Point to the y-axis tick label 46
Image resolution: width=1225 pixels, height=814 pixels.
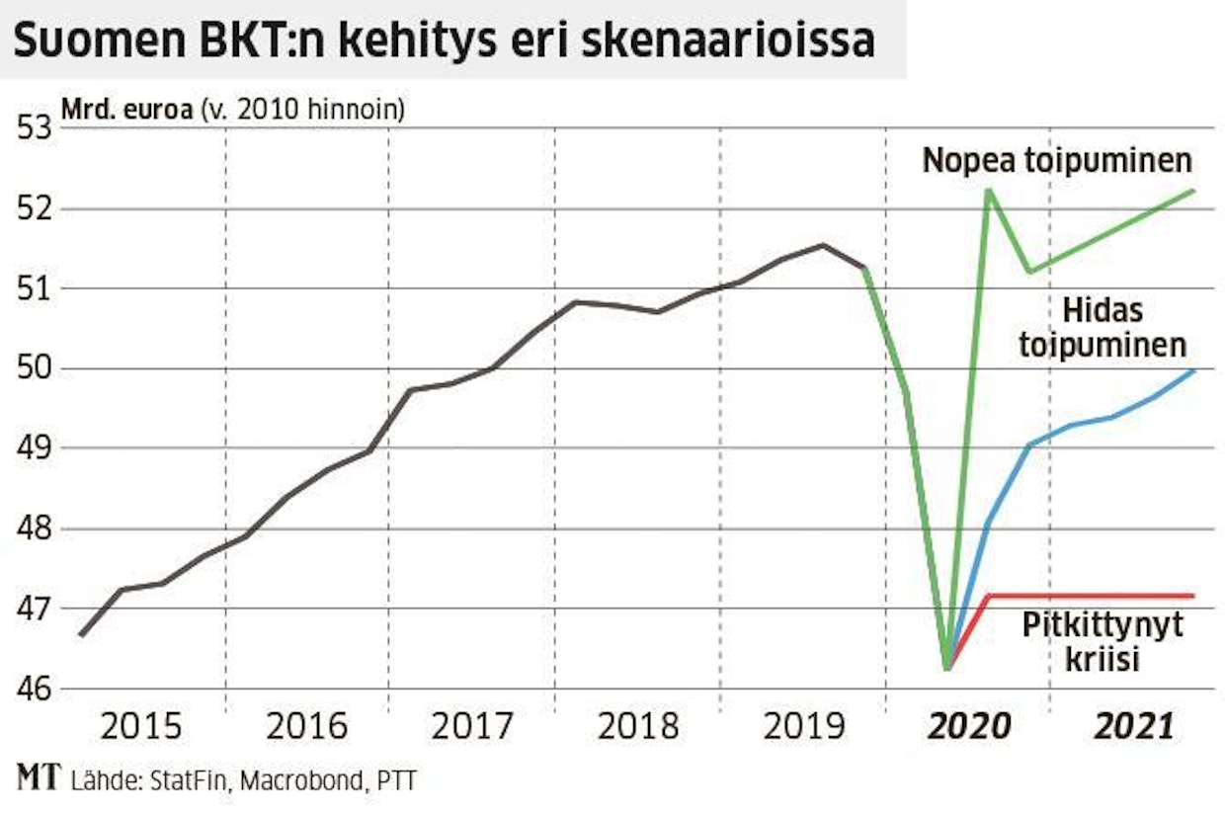click(x=32, y=688)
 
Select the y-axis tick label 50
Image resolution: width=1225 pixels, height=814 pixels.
click(x=32, y=368)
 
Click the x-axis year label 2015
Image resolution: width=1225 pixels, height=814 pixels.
click(x=142, y=728)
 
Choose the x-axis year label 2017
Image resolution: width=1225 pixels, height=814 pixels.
click(x=472, y=728)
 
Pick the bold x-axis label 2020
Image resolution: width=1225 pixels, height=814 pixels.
click(x=968, y=728)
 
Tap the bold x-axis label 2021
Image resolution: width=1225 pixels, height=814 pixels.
click(x=1133, y=728)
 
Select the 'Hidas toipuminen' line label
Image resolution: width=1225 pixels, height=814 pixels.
click(x=1116, y=328)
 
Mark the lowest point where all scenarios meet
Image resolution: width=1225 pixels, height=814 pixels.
click(x=947, y=670)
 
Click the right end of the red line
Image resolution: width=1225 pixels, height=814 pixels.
click(x=1194, y=595)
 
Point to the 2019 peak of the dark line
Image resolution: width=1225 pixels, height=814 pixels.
click(x=823, y=245)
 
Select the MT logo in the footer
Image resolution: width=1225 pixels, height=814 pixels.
click(x=38, y=779)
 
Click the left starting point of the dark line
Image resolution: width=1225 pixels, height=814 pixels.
click(x=80, y=635)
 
